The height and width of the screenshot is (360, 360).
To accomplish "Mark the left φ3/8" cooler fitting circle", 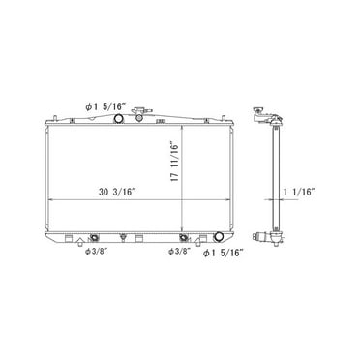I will pos(94,236).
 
